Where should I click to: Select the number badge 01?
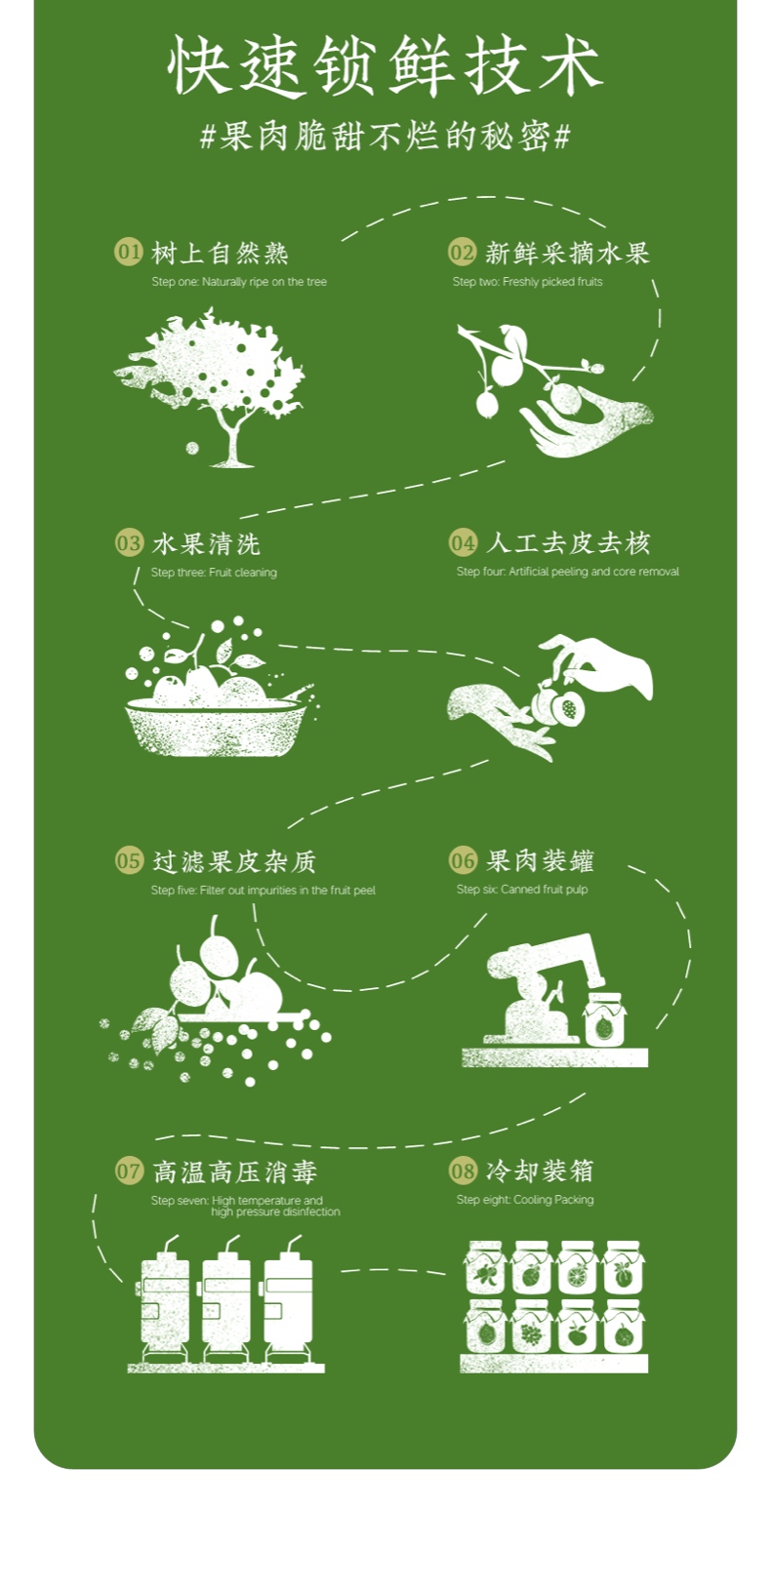(129, 252)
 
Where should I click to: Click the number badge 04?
(463, 542)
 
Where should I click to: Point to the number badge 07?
(129, 1171)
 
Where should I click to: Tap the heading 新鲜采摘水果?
(567, 254)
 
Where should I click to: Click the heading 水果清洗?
(206, 544)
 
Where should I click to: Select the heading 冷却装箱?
(540, 1171)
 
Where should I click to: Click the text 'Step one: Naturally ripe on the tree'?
(239, 282)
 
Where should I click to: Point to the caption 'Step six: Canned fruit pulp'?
(522, 890)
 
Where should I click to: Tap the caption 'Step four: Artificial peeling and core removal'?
(568, 572)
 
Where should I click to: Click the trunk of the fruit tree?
(231, 444)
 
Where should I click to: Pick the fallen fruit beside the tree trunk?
(192, 449)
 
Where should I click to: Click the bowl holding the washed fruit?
(215, 730)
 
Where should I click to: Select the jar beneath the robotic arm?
(604, 1021)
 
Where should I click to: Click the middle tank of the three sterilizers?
(226, 1302)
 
